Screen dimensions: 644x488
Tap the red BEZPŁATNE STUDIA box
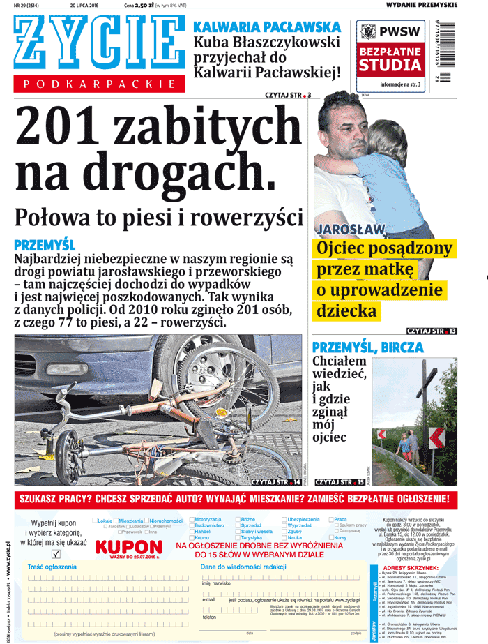390,59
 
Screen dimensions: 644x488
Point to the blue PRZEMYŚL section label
44,245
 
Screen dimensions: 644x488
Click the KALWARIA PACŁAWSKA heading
267,27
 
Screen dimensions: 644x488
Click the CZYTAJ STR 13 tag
432,330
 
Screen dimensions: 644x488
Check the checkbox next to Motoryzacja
192,520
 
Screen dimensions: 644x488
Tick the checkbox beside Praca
331,520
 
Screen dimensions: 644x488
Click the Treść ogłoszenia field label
52,567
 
